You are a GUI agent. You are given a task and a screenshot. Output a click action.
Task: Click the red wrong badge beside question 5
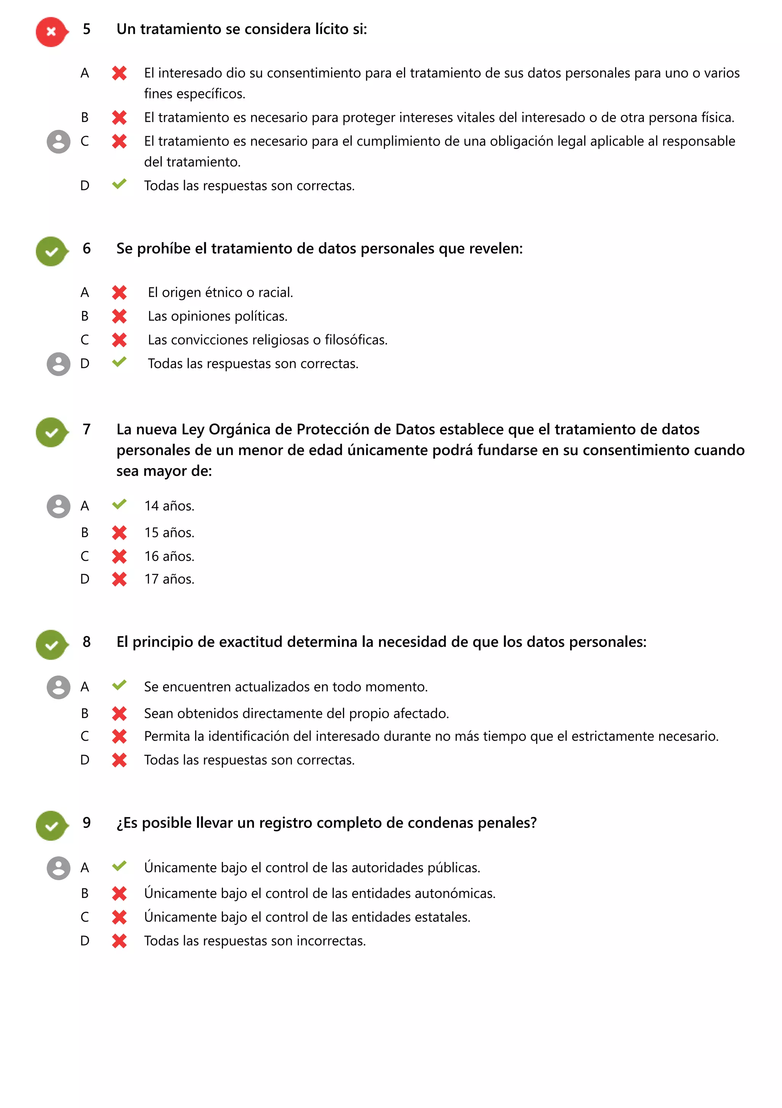51,32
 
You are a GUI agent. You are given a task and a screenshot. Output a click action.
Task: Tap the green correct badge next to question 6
51,251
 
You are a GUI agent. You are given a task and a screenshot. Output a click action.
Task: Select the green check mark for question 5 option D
119,184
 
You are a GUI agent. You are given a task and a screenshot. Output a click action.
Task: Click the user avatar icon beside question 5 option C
58,141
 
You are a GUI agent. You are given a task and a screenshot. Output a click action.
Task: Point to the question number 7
87,429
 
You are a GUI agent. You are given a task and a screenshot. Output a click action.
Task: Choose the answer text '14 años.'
169,506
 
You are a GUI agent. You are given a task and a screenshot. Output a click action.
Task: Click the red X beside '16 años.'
119,556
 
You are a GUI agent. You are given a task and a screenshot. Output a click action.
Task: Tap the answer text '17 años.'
169,579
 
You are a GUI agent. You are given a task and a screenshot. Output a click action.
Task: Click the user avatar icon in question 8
58,687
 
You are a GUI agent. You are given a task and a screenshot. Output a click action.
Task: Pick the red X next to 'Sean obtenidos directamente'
119,713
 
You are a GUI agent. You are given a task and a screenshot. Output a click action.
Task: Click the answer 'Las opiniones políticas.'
218,316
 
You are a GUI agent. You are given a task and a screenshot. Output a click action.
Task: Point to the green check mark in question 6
119,362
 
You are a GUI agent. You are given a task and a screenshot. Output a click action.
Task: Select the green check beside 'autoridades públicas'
119,866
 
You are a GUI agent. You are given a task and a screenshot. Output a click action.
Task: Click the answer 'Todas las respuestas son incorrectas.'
255,941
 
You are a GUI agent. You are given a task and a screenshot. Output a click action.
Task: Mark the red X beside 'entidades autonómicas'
119,893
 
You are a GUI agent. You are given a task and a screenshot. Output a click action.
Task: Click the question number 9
87,822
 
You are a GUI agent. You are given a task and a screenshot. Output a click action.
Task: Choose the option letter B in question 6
85,316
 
